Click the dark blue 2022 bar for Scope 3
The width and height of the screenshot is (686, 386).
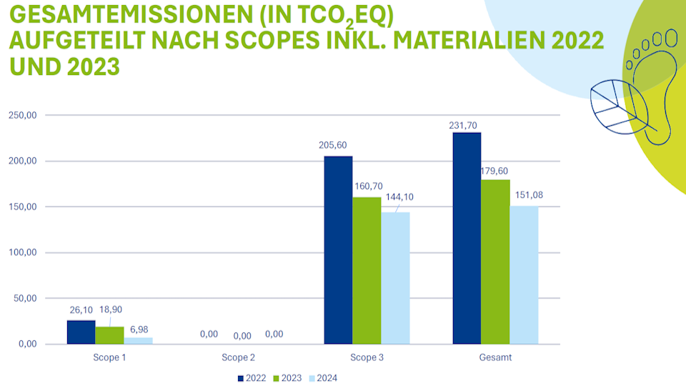click(x=338, y=250)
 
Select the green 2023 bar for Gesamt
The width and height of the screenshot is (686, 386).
click(x=495, y=262)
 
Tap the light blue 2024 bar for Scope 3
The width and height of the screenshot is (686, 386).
click(x=395, y=278)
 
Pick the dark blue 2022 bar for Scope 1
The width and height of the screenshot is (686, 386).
click(x=81, y=332)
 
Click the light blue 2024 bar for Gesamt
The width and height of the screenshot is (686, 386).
click(x=524, y=274)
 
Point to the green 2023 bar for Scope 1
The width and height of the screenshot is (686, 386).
click(x=110, y=335)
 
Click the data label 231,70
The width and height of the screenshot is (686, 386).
click(x=463, y=126)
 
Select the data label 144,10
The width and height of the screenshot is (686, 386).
click(x=399, y=197)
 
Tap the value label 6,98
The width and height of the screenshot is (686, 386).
click(x=139, y=330)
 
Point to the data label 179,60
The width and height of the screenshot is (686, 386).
click(x=494, y=171)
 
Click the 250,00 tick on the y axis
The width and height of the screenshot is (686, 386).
click(x=23, y=115)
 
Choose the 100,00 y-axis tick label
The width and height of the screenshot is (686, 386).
click(x=23, y=252)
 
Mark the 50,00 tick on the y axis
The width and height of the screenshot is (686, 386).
click(x=26, y=299)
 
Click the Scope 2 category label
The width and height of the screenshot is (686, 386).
click(x=238, y=357)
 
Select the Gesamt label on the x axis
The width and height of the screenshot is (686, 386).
click(x=495, y=357)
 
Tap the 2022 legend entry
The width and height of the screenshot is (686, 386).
click(x=252, y=378)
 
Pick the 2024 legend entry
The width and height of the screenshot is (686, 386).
click(x=323, y=378)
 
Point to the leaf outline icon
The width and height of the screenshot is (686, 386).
click(x=619, y=107)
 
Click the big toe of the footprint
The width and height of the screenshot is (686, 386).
click(x=671, y=38)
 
